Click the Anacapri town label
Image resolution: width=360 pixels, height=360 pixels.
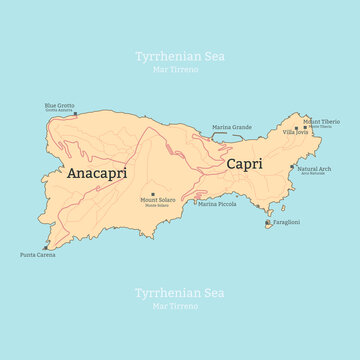click(x=96, y=173)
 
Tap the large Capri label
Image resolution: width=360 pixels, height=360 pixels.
click(x=245, y=163)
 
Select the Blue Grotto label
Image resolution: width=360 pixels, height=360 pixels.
click(x=59, y=106)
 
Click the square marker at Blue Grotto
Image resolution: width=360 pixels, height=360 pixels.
click(x=75, y=113)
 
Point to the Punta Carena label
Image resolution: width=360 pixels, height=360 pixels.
click(x=38, y=255)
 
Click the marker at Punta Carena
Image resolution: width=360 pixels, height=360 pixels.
click(x=46, y=247)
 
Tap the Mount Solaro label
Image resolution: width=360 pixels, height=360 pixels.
click(x=153, y=202)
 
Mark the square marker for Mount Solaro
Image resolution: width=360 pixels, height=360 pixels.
click(x=153, y=194)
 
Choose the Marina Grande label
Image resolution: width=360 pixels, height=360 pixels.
click(x=231, y=127)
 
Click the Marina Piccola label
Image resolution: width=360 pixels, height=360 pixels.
click(x=217, y=204)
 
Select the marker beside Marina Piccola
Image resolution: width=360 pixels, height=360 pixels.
click(x=195, y=203)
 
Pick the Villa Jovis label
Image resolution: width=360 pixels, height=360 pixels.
click(x=295, y=132)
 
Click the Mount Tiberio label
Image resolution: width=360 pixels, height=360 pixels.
click(x=322, y=121)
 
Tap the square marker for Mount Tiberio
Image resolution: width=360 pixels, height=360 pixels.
click(x=306, y=127)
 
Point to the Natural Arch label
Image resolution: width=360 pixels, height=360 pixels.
click(x=315, y=169)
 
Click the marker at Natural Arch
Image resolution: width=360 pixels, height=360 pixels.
click(x=292, y=167)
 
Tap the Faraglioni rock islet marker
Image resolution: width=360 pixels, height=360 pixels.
click(x=267, y=224)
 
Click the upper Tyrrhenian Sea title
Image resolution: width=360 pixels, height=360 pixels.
click(x=180, y=57)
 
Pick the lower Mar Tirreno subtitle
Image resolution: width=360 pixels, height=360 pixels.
click(x=180, y=306)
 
